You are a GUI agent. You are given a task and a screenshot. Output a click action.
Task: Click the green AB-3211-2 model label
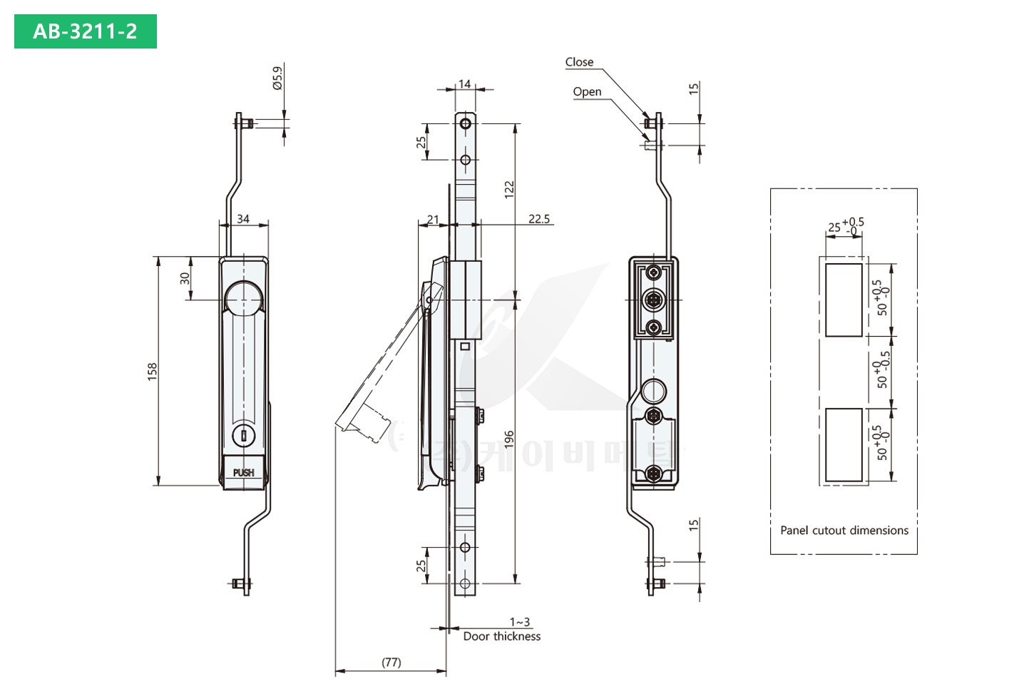pyautogui.click(x=85, y=31)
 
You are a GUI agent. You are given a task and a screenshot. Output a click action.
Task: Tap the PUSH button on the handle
pyautogui.click(x=243, y=472)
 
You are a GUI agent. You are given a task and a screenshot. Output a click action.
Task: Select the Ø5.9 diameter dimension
pyautogui.click(x=277, y=78)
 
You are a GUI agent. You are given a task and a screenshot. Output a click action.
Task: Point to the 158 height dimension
pyautogui.click(x=152, y=371)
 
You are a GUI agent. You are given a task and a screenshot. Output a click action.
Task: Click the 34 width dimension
pyautogui.click(x=243, y=219)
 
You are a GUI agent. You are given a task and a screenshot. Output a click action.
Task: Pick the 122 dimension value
pyautogui.click(x=509, y=189)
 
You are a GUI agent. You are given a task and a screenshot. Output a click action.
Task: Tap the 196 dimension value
pyautogui.click(x=509, y=439)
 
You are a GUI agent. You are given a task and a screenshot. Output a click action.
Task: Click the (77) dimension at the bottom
pyautogui.click(x=391, y=662)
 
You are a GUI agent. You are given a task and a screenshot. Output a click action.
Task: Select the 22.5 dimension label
pyautogui.click(x=539, y=219)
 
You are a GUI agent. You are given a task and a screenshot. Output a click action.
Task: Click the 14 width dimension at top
pyautogui.click(x=465, y=84)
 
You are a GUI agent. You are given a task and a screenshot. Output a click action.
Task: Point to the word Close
pyautogui.click(x=579, y=62)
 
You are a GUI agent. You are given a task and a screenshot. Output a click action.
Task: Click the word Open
pyautogui.click(x=587, y=91)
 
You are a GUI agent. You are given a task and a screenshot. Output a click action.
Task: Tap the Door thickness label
pyautogui.click(x=502, y=636)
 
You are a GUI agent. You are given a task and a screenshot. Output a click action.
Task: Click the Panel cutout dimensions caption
pyautogui.click(x=844, y=530)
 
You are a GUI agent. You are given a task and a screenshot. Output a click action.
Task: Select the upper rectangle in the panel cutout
pyautogui.click(x=844, y=300)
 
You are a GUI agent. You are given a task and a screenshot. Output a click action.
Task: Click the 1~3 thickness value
pyautogui.click(x=520, y=622)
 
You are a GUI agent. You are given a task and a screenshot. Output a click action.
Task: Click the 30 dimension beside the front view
pyautogui.click(x=185, y=278)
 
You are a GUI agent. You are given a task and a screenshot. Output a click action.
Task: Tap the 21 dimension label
pyautogui.click(x=433, y=219)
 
